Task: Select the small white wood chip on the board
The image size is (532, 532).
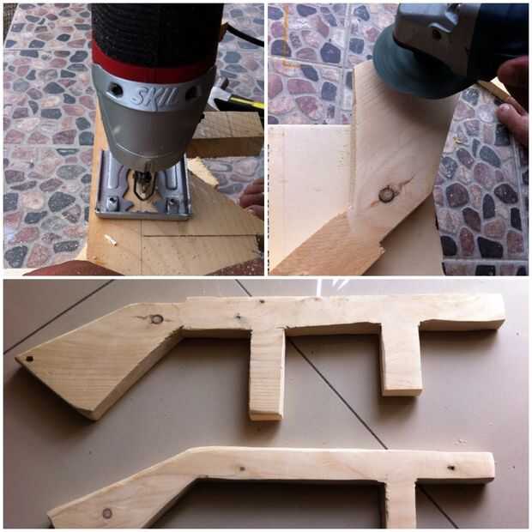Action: click(x=111, y=239)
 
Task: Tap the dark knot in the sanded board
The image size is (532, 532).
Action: click(x=386, y=195)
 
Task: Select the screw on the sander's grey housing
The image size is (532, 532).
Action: click(x=436, y=34)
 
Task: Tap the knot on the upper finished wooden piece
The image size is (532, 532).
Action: click(x=156, y=319)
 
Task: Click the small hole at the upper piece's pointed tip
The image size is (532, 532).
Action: click(x=29, y=359)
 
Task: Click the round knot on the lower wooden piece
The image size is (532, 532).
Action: click(x=107, y=513)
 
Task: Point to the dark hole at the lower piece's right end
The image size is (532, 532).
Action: click(x=451, y=468)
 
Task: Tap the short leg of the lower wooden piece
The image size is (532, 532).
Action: click(x=401, y=505)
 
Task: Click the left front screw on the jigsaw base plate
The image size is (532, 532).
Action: click(x=111, y=203)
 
